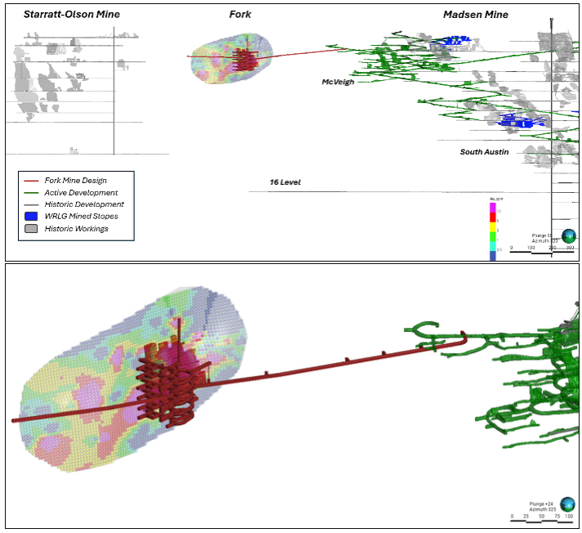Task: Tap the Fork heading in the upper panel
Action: [240, 15]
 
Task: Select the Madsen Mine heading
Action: [475, 15]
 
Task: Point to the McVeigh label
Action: [338, 82]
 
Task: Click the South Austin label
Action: [484, 152]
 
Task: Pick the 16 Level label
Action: [285, 181]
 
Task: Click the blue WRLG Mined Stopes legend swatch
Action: [32, 216]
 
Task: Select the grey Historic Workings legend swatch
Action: [32, 228]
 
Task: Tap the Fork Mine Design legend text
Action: [75, 181]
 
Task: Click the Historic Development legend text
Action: [83, 204]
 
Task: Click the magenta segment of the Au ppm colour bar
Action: [493, 208]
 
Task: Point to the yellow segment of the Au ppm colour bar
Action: [493, 228]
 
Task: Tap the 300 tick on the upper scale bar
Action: [570, 247]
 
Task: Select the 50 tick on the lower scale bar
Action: [542, 517]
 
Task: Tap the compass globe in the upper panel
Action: [569, 235]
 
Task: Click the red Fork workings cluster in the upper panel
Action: [244, 59]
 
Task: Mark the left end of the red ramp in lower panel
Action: [15, 420]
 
